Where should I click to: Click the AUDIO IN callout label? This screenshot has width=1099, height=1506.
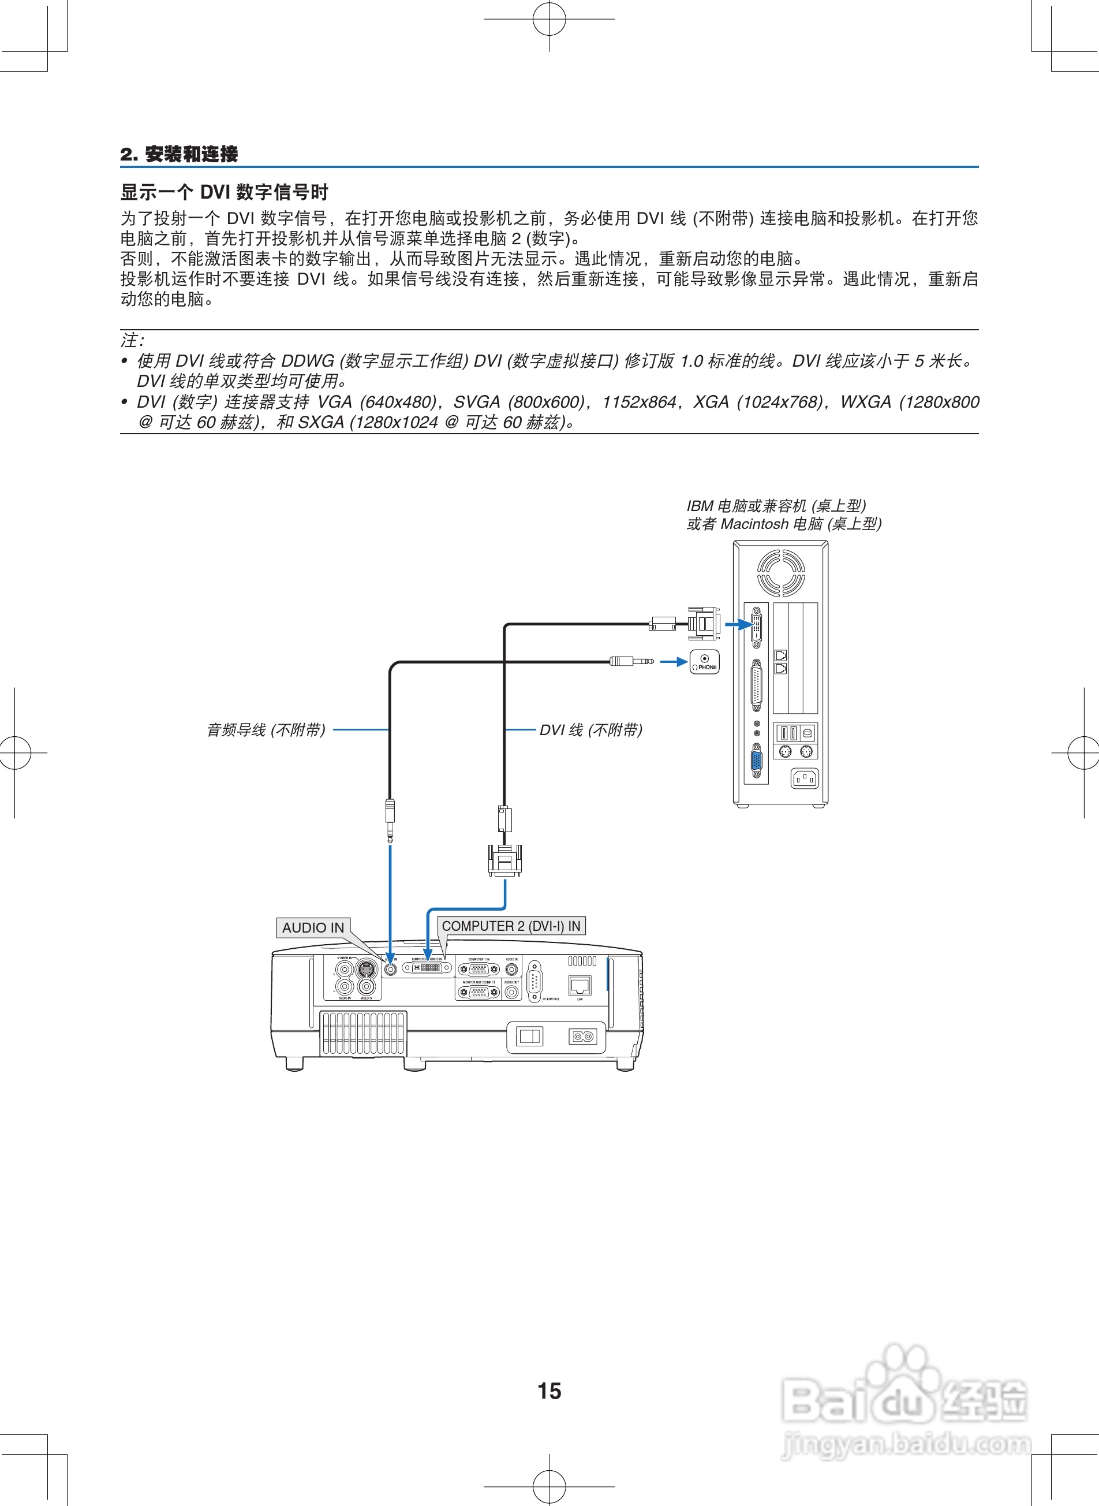pyautogui.click(x=313, y=927)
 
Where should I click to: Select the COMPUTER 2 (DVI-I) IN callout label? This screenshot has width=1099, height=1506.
pyautogui.click(x=511, y=926)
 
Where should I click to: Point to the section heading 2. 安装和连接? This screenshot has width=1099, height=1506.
pyautogui.click(x=179, y=154)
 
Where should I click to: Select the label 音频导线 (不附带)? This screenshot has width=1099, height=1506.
pyautogui.click(x=266, y=730)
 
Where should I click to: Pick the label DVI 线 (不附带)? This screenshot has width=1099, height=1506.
pyautogui.click(x=590, y=730)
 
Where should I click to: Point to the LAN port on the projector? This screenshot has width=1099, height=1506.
pyautogui.click(x=580, y=986)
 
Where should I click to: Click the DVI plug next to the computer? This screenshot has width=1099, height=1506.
pyautogui.click(x=702, y=624)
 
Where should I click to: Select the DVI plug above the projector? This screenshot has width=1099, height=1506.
pyautogui.click(x=505, y=860)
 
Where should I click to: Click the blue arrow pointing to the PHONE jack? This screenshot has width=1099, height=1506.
pyautogui.click(x=673, y=662)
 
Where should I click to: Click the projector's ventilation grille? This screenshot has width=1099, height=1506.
pyautogui.click(x=363, y=1033)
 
